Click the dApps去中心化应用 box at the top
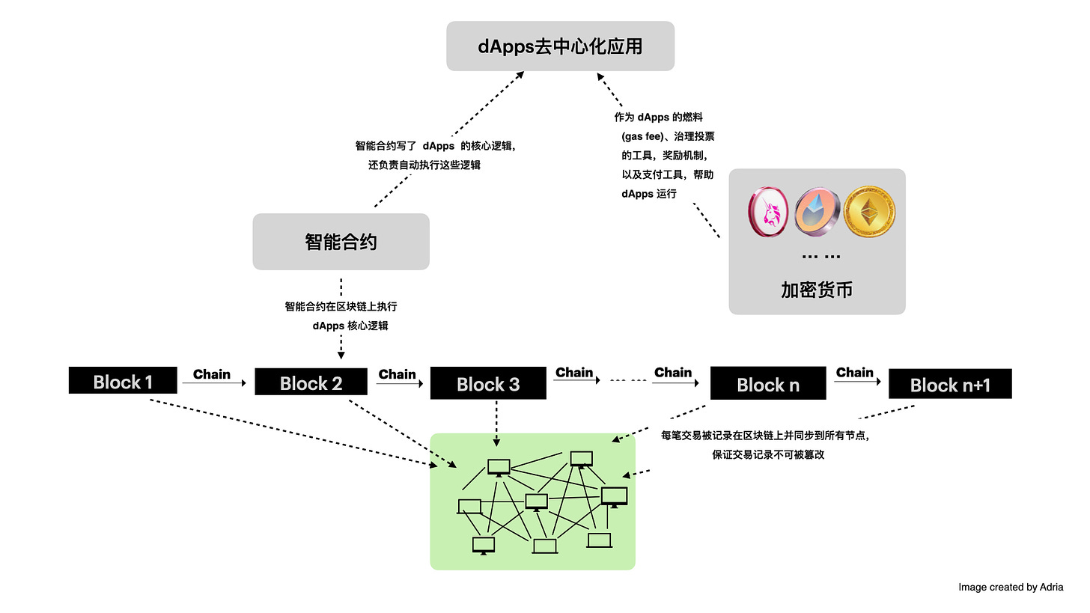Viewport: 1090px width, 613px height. (x=560, y=46)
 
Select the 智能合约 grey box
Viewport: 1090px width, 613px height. (x=341, y=242)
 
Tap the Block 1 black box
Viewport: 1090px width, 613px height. (x=123, y=381)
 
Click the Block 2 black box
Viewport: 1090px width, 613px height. (x=311, y=382)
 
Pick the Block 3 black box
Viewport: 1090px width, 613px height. (x=488, y=384)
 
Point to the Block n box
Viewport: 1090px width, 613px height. (x=767, y=384)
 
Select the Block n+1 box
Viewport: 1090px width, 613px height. (x=949, y=385)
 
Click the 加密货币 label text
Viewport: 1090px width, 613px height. (x=816, y=290)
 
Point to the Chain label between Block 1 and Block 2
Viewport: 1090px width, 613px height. (x=212, y=373)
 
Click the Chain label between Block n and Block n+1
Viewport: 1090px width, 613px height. (x=855, y=372)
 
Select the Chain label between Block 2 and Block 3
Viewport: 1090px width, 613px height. (x=398, y=373)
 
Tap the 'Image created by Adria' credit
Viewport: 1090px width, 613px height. (x=1011, y=587)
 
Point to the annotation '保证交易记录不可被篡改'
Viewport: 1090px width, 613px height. (x=768, y=454)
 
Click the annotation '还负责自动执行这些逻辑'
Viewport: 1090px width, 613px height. (x=424, y=165)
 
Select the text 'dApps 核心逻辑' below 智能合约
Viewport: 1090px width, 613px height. (x=350, y=326)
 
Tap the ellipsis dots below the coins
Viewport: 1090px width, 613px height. (x=820, y=256)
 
